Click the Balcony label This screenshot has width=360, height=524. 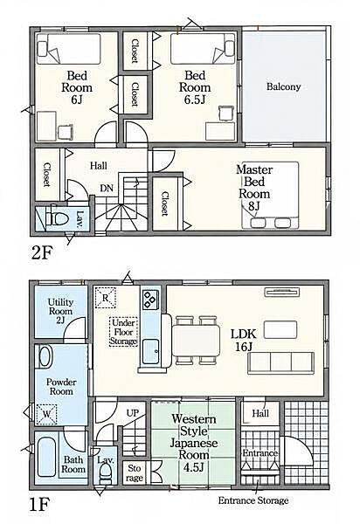click(283, 86)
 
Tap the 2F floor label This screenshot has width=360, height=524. click(42, 254)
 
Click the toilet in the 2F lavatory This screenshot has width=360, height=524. click(57, 219)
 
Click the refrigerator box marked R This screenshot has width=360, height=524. click(105, 298)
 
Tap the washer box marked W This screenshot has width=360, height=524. click(46, 414)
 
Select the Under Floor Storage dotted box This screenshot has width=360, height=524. click(124, 332)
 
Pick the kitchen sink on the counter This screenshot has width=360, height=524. click(151, 352)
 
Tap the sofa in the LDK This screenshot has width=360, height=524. click(280, 363)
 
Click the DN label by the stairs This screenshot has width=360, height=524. click(107, 188)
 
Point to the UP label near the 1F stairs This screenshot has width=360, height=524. click(133, 413)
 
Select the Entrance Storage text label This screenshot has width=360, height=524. click(253, 500)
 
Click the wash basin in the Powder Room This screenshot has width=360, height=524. click(45, 357)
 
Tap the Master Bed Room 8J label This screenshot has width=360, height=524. click(254, 188)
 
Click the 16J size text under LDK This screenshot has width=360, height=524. click(243, 347)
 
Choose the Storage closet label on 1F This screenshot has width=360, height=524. click(135, 473)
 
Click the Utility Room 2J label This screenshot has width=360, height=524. click(60, 312)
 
